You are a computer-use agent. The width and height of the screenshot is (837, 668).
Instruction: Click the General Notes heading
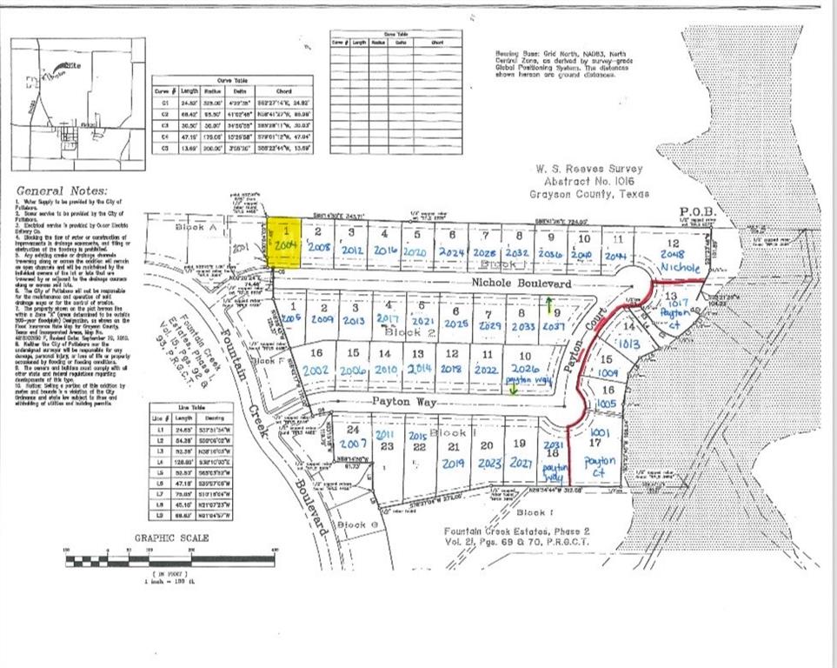click(x=62, y=191)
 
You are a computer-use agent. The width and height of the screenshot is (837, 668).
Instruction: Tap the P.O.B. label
click(x=697, y=211)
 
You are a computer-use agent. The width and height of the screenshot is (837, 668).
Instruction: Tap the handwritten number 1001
click(x=600, y=432)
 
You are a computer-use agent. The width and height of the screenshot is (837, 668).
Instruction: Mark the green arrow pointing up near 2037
click(x=548, y=304)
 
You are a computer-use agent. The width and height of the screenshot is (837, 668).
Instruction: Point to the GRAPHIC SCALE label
click(x=170, y=538)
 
